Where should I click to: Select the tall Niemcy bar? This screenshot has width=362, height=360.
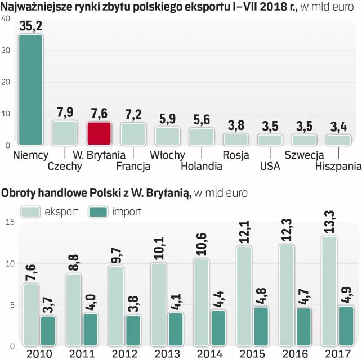30,89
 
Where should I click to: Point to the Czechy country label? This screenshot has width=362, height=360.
65,166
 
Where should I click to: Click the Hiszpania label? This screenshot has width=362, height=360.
338,166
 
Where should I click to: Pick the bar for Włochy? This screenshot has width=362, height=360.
167,136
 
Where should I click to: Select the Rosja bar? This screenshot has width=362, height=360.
236,139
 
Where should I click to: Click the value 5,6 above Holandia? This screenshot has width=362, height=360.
202,120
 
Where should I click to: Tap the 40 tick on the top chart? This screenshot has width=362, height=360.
6,19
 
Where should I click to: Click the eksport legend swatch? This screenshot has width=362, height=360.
30,211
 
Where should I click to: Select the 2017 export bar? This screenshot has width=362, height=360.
329,289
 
